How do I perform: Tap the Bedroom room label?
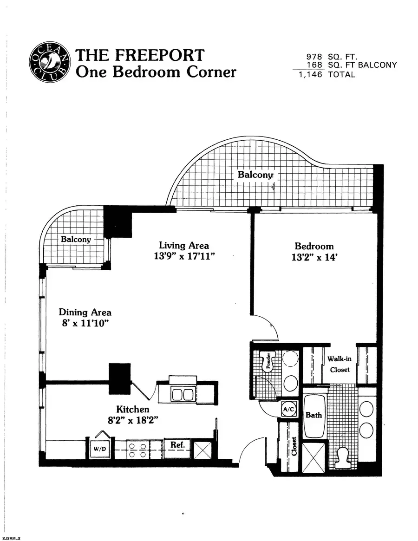(314, 246)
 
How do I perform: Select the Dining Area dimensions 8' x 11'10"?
(85, 324)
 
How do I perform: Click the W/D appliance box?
(99, 449)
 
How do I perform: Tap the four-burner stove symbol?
(137, 450)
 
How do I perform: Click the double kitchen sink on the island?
(183, 395)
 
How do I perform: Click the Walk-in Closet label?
(339, 364)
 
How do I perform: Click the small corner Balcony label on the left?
(76, 240)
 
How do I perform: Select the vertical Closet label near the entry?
(294, 446)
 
